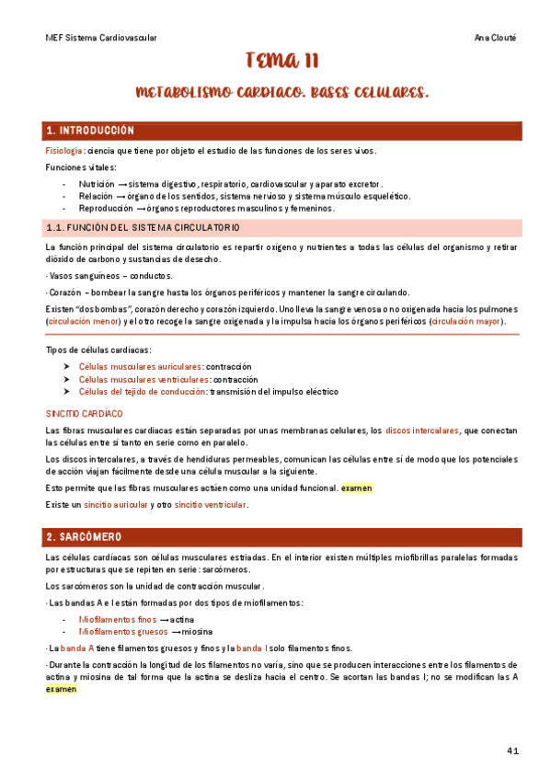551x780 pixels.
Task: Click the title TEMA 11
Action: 282,62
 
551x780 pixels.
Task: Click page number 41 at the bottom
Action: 513,751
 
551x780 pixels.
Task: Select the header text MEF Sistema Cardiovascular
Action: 101,38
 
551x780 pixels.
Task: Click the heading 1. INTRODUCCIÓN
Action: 90,131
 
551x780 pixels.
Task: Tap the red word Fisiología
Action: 65,151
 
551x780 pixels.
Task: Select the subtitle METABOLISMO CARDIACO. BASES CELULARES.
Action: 282,93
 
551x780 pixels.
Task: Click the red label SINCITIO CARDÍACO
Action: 84,414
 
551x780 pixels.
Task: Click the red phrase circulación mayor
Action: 465,322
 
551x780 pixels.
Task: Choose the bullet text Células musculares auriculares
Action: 141,365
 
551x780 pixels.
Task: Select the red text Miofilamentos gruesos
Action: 118,632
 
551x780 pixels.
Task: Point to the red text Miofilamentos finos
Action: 118,619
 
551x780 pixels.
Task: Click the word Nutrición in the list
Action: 96,183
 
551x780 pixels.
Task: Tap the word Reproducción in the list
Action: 105,208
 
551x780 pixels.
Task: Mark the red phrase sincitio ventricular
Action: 208,505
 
